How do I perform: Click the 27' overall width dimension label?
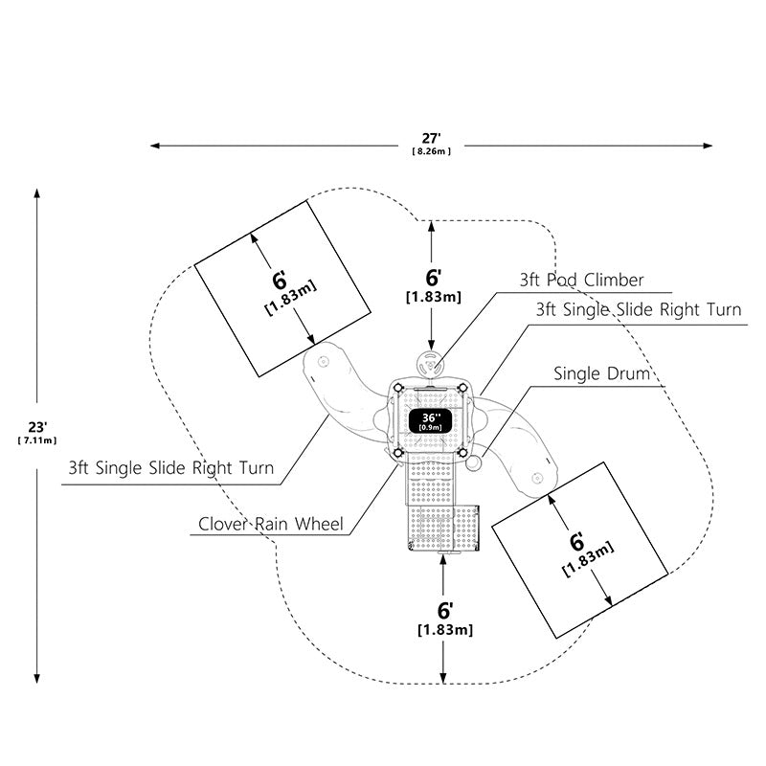tap(432, 139)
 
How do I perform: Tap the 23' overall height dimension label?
tap(37, 427)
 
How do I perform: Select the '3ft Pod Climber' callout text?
tap(581, 280)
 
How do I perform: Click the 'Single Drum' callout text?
tap(601, 373)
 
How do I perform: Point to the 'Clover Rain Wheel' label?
tap(271, 524)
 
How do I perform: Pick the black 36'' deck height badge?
tap(430, 421)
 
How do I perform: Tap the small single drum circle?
tap(474, 462)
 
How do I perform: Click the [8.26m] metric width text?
tap(432, 151)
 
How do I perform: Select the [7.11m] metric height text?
tap(37, 440)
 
